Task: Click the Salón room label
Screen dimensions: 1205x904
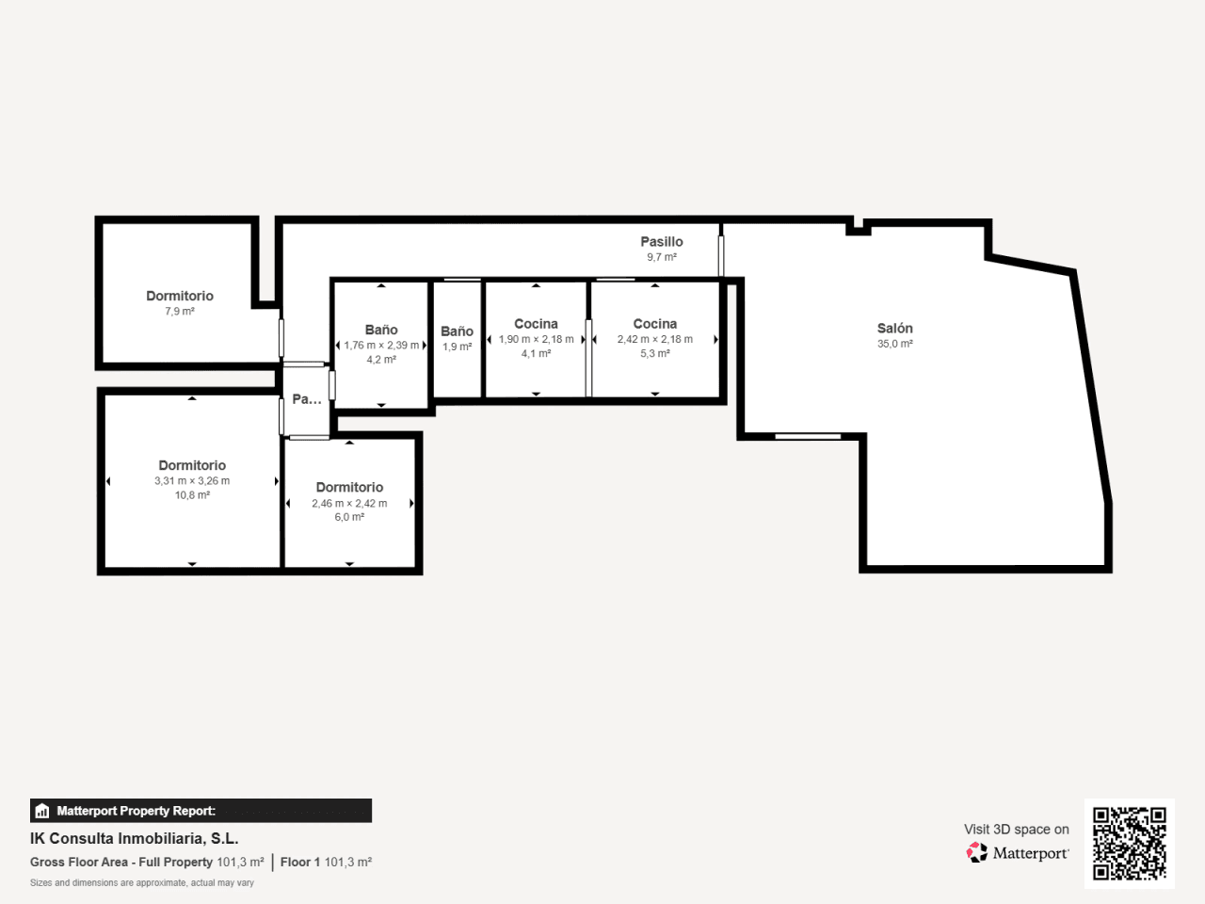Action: pos(895,329)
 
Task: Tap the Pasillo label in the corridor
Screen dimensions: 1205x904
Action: pos(662,241)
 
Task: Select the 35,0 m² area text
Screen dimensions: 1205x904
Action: pos(895,344)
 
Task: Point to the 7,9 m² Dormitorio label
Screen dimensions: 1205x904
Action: pos(180,296)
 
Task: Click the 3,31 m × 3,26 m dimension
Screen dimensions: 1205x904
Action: pos(192,481)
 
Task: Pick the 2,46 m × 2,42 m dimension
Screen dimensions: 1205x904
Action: pos(349,503)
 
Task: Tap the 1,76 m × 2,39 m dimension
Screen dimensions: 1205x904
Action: pos(381,346)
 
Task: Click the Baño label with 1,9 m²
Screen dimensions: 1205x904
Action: pos(457,331)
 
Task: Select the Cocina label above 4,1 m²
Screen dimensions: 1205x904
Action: pos(536,324)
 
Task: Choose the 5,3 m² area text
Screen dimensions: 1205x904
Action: pos(655,353)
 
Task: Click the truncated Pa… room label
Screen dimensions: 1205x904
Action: pos(307,399)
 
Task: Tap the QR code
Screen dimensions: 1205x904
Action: pos(1130,843)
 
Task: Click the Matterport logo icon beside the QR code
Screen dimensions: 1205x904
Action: pos(976,852)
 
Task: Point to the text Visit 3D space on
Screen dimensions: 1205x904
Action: pos(1017,830)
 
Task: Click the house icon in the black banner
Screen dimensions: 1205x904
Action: pos(42,811)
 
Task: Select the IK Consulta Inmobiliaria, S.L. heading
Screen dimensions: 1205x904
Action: pos(135,839)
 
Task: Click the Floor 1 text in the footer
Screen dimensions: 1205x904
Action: pos(299,863)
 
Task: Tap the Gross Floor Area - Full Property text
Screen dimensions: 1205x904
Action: pos(121,863)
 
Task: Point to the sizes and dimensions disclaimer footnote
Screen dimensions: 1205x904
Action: pos(142,883)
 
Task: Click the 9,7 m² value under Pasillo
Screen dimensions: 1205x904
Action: pos(662,257)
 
